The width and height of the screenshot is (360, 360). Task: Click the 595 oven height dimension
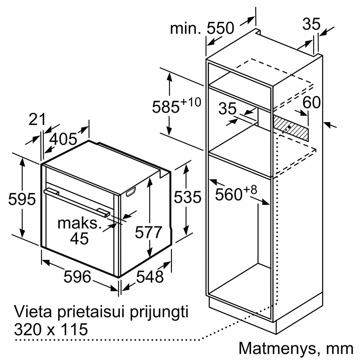click(x=22, y=199)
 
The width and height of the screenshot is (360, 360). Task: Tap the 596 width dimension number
click(x=77, y=277)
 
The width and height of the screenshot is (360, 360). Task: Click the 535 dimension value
click(x=187, y=197)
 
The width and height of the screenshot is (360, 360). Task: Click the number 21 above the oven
click(x=37, y=119)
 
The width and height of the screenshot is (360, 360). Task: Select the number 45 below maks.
click(x=79, y=238)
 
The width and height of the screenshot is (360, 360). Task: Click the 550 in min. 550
click(x=220, y=28)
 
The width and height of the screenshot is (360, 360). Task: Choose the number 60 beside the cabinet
click(x=311, y=102)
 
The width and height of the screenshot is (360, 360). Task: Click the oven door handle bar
click(x=76, y=203)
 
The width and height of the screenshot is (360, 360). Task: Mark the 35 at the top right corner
click(x=311, y=24)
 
